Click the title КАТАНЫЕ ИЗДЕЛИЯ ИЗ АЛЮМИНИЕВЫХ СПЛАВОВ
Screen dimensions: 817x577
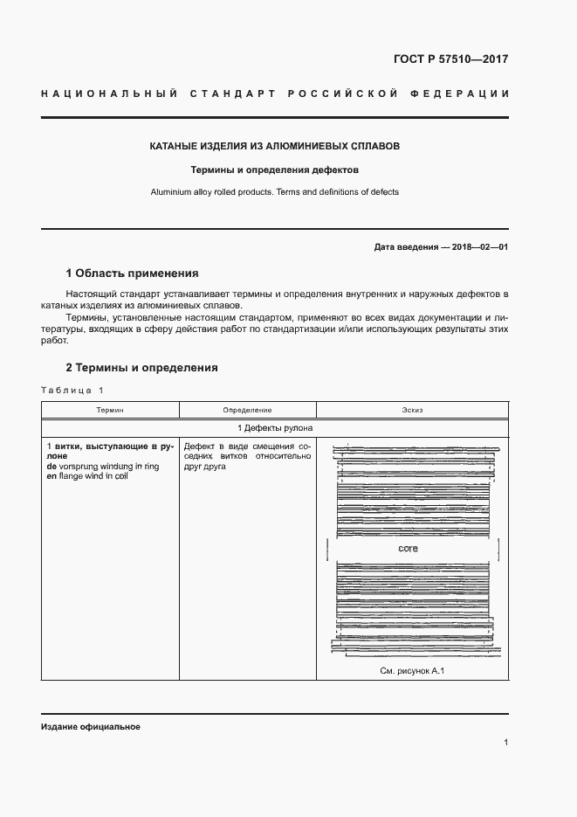[275, 146]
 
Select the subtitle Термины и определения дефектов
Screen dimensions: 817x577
[275, 170]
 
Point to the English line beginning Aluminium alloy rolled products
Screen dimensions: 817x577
[275, 192]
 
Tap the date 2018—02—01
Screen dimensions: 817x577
[477, 247]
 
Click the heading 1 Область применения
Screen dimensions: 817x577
[133, 273]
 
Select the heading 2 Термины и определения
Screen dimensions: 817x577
[142, 368]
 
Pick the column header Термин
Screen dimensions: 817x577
[110, 410]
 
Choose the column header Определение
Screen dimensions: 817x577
[247, 410]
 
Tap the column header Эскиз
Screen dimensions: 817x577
[412, 410]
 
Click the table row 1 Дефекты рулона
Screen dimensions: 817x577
[275, 427]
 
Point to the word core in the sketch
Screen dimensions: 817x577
[408, 549]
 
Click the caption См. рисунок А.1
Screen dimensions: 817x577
[413, 671]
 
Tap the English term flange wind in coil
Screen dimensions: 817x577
[98, 477]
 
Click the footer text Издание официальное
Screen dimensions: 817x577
[91, 727]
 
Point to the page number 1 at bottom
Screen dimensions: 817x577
[506, 743]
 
